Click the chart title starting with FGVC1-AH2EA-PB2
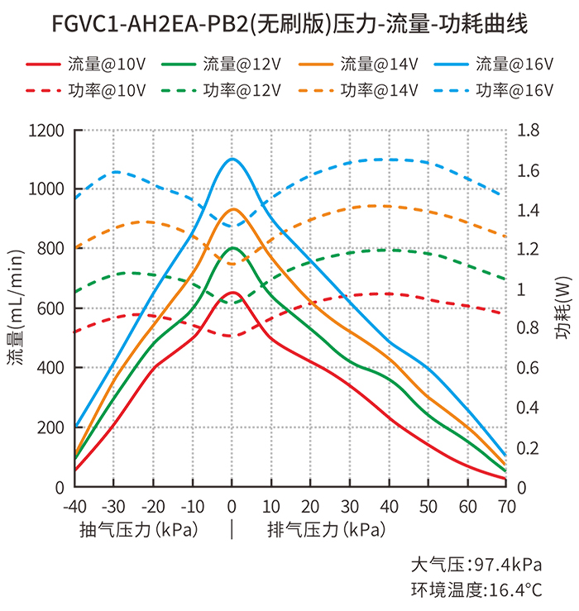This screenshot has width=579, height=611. click(289, 24)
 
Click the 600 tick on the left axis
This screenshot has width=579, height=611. click(49, 308)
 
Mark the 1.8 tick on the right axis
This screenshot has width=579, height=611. click(528, 130)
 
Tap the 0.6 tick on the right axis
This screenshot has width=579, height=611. click(528, 368)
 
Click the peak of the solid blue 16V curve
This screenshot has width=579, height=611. click(232, 159)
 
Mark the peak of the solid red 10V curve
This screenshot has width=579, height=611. click(232, 293)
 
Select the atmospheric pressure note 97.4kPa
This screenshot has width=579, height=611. click(477, 566)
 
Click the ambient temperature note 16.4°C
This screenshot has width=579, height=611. click(477, 590)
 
